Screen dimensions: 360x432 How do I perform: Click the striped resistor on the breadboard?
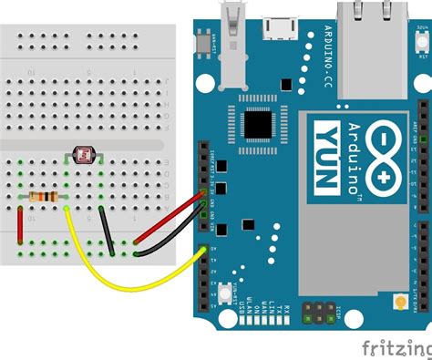pyautogui.click(x=43, y=196)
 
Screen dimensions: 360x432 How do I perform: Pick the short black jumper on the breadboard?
pyautogui.click(x=107, y=231)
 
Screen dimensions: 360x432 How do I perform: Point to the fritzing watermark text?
pyautogui.click(x=393, y=346)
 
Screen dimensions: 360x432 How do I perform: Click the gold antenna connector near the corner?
pyautogui.click(x=398, y=302)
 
